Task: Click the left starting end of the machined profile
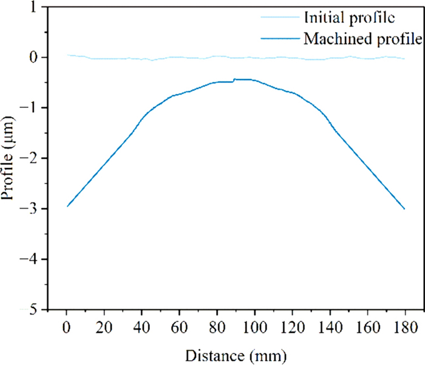tap(67, 206)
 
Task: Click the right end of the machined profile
tap(404, 209)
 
